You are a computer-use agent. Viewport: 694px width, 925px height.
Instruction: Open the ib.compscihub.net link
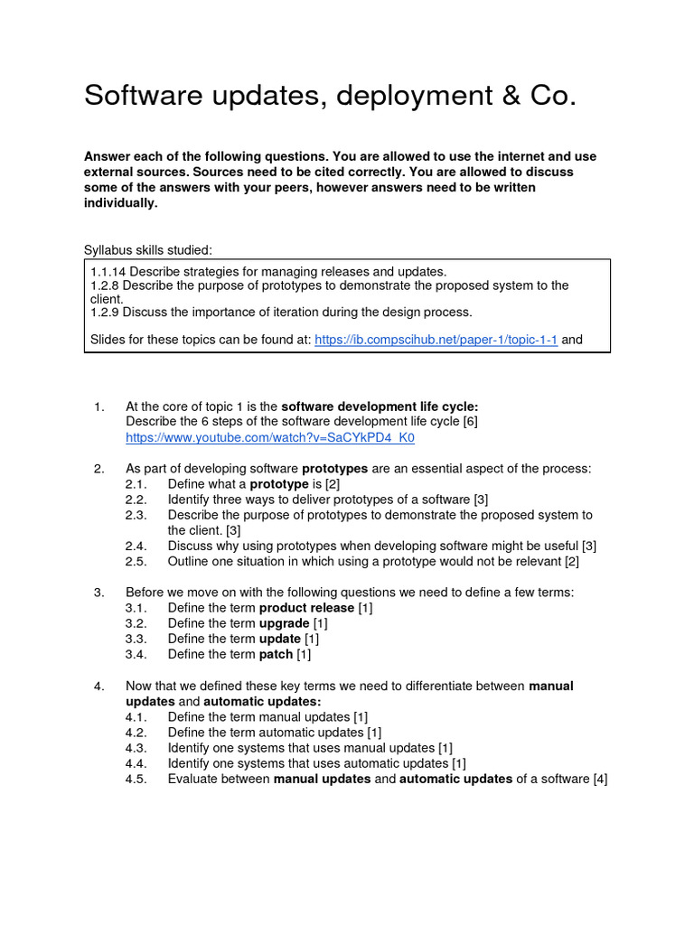pyautogui.click(x=436, y=340)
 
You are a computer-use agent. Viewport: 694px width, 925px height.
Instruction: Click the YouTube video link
pyautogui.click(x=270, y=438)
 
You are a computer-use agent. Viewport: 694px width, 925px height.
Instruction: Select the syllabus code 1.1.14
pyautogui.click(x=108, y=271)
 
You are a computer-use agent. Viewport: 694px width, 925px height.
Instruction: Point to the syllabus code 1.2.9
pyautogui.click(x=104, y=313)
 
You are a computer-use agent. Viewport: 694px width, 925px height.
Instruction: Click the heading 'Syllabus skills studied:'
pyautogui.click(x=148, y=250)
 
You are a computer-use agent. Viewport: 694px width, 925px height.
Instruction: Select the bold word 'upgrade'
pyautogui.click(x=285, y=623)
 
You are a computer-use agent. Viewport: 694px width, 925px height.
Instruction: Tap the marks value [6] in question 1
pyautogui.click(x=470, y=423)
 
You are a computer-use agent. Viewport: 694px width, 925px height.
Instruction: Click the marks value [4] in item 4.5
pyautogui.click(x=600, y=779)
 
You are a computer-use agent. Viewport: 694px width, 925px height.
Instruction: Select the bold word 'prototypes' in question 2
pyautogui.click(x=334, y=469)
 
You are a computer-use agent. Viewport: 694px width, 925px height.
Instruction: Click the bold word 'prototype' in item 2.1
pyautogui.click(x=279, y=484)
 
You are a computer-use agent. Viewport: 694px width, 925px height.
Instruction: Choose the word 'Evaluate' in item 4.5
pyautogui.click(x=193, y=779)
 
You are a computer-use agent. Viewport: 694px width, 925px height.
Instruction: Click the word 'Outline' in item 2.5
pyautogui.click(x=189, y=561)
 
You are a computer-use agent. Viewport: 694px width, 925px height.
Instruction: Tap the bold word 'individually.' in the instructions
pyautogui.click(x=120, y=203)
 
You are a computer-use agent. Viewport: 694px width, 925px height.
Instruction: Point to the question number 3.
pyautogui.click(x=98, y=593)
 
